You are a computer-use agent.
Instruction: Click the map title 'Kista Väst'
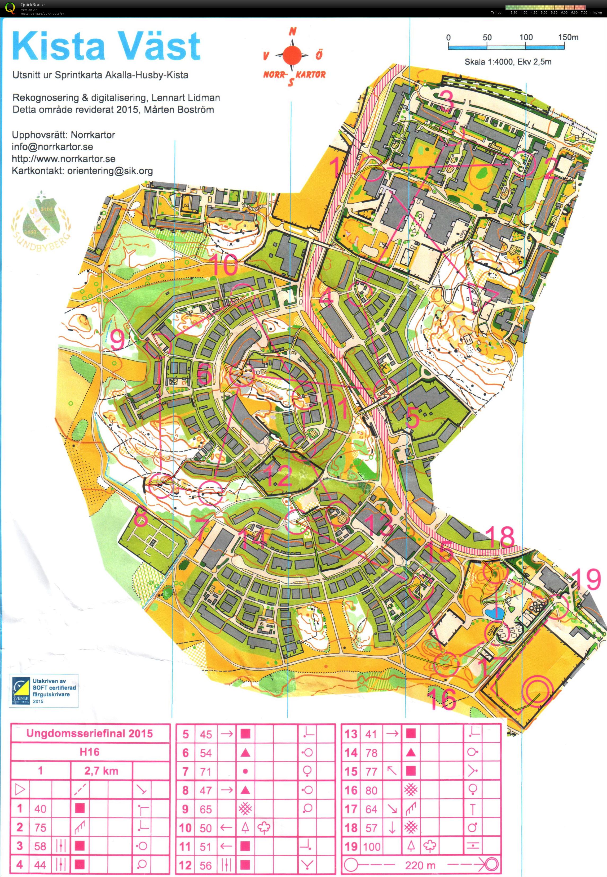107,46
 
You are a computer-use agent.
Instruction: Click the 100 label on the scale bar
526,37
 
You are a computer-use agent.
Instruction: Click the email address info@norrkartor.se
52,147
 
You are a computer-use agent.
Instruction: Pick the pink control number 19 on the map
587,579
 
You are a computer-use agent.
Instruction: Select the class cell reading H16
90,751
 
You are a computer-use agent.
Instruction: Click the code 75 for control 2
40,827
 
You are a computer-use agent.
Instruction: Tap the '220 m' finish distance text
420,865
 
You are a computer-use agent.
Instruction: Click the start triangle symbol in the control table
20,790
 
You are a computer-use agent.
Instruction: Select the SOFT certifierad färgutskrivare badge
44,690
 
